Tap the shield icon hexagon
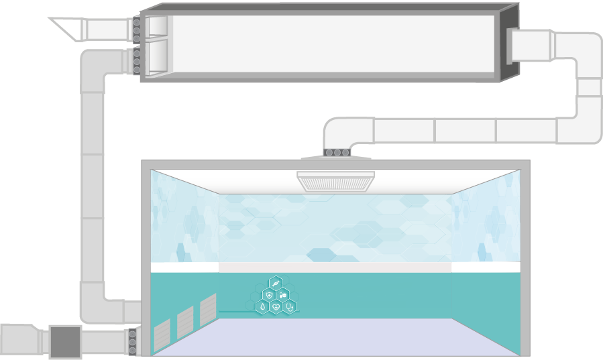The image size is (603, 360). coord(269,295)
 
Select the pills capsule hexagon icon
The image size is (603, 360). coord(283,295)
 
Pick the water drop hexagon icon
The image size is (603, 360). coord(262,306)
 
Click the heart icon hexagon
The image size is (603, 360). coord(276,306)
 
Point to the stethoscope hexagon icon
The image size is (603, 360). coord(290,306)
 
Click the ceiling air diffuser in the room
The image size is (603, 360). coord(335,180)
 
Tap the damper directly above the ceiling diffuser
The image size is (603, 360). coord(337,153)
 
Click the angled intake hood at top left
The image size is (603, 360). coord(66,28)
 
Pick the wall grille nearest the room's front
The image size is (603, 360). coord(162,335)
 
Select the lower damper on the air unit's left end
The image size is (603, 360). coord(137,61)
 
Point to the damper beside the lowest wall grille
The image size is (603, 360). coord(133,341)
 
